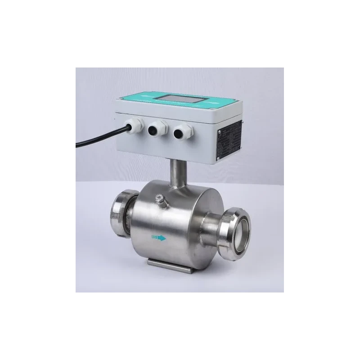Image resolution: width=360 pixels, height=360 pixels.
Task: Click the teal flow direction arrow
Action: (159, 238)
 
